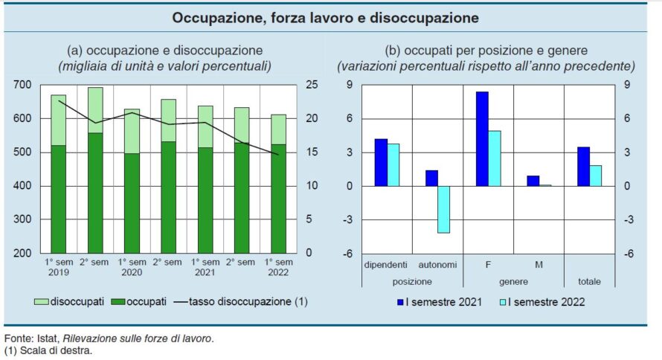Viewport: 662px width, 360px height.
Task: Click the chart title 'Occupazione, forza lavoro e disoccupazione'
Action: click(x=325, y=17)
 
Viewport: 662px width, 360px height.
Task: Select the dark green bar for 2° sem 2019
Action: click(x=95, y=193)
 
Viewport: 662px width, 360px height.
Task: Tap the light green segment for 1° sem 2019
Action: click(x=59, y=120)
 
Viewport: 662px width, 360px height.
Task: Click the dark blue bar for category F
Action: click(x=482, y=138)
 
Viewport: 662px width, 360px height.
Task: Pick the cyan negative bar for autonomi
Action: click(x=444, y=209)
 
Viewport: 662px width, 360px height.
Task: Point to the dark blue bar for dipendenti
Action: click(x=381, y=162)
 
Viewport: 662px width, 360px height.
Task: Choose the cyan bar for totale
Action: click(x=595, y=176)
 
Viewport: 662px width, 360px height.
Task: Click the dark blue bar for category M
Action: click(x=533, y=181)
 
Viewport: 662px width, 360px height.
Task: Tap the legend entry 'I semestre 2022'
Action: click(x=547, y=301)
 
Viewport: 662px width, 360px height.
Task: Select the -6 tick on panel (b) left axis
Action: click(x=346, y=254)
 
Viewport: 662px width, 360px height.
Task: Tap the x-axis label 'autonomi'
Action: click(x=437, y=265)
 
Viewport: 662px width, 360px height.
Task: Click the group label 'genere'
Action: click(x=513, y=281)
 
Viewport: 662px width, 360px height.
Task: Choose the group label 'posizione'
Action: click(x=412, y=281)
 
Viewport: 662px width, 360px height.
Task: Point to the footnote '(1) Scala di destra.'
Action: click(x=48, y=350)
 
